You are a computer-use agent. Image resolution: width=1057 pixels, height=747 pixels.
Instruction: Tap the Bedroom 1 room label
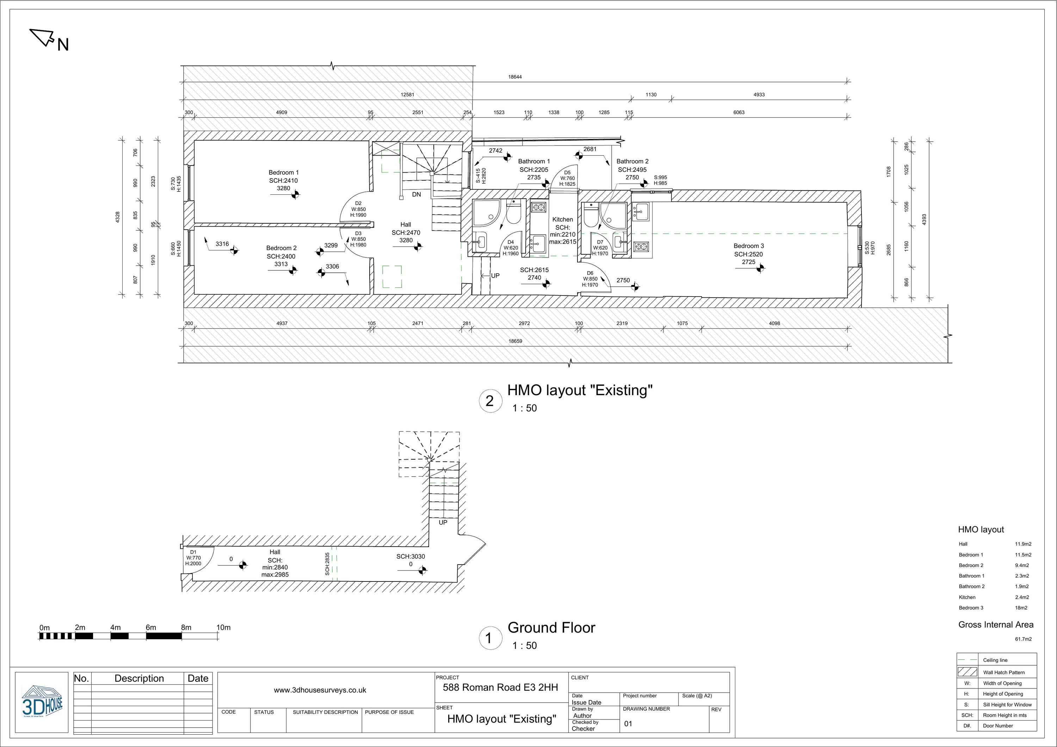point(284,173)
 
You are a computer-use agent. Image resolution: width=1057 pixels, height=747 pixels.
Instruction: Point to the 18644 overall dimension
point(515,77)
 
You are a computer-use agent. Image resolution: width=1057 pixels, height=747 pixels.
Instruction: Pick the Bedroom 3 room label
point(749,246)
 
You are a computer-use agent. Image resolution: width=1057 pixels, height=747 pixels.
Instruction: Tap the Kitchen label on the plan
point(563,219)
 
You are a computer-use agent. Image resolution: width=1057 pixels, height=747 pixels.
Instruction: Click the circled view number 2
point(489,401)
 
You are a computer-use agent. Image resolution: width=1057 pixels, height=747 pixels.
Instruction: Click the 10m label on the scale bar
point(223,627)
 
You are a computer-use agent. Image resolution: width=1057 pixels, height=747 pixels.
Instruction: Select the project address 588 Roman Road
point(500,687)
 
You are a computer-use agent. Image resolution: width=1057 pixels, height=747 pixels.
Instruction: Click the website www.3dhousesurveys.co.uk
point(320,690)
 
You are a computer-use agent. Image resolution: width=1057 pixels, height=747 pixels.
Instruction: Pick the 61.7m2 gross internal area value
point(1023,639)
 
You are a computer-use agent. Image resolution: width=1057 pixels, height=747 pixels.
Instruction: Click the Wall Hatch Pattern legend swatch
point(967,672)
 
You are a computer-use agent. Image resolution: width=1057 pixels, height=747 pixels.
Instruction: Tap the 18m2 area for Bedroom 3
point(1021,608)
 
